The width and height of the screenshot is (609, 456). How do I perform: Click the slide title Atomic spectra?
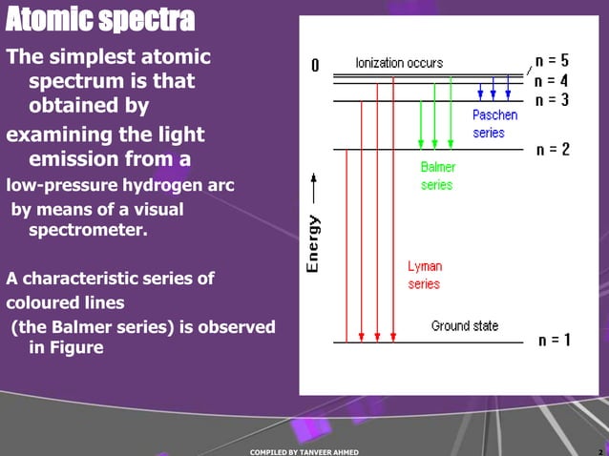pos(99,18)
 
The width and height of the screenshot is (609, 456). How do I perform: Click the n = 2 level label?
pos(554,150)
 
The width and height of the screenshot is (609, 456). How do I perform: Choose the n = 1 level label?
pos(555,340)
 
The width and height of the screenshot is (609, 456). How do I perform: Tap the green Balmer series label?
pos(438,176)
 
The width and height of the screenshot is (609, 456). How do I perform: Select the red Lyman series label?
pos(425,275)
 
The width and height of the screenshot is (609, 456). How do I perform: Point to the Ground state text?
pos(464,326)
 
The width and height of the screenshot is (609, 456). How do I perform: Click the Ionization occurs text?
pos(399,63)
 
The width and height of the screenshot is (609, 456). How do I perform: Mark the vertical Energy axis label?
pos(312,243)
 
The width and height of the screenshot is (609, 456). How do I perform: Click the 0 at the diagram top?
pos(316,67)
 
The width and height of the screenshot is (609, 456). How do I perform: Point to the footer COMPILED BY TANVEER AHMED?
pos(304,451)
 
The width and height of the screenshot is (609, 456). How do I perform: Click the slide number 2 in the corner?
pos(598,450)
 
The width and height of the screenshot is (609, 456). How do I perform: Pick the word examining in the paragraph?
pos(59,134)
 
